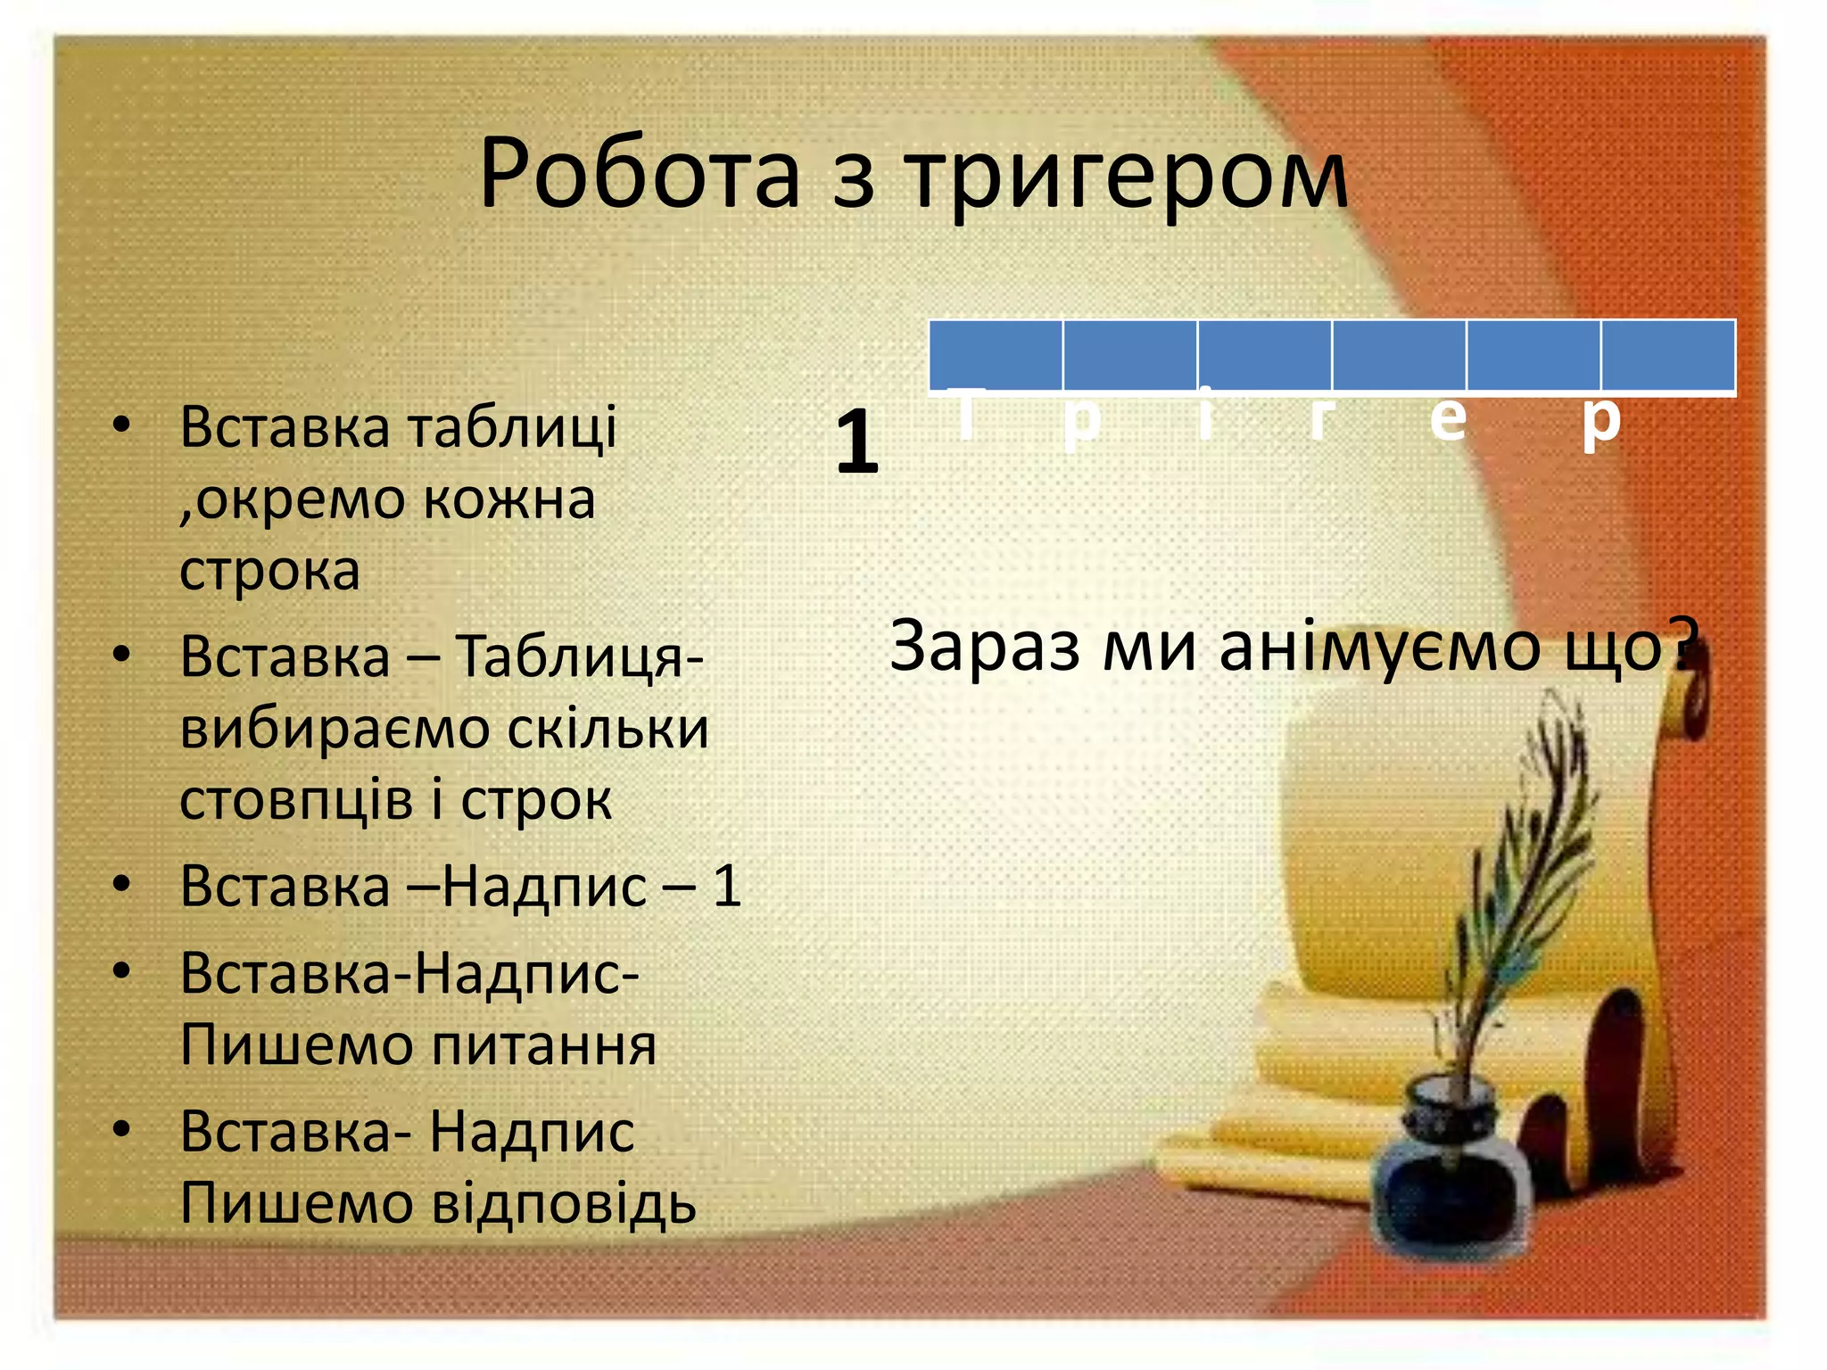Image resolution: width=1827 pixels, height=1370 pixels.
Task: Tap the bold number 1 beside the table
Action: click(856, 441)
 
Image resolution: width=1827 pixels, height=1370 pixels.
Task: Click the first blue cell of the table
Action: click(996, 355)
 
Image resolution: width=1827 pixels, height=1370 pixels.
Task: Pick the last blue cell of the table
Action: click(1668, 355)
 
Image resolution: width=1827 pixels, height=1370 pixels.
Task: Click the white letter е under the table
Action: click(1447, 419)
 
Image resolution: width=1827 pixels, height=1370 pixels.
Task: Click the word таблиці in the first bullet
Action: click(512, 426)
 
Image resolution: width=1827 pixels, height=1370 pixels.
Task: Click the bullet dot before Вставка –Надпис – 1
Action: click(122, 885)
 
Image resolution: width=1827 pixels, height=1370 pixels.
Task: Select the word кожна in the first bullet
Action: click(508, 499)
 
